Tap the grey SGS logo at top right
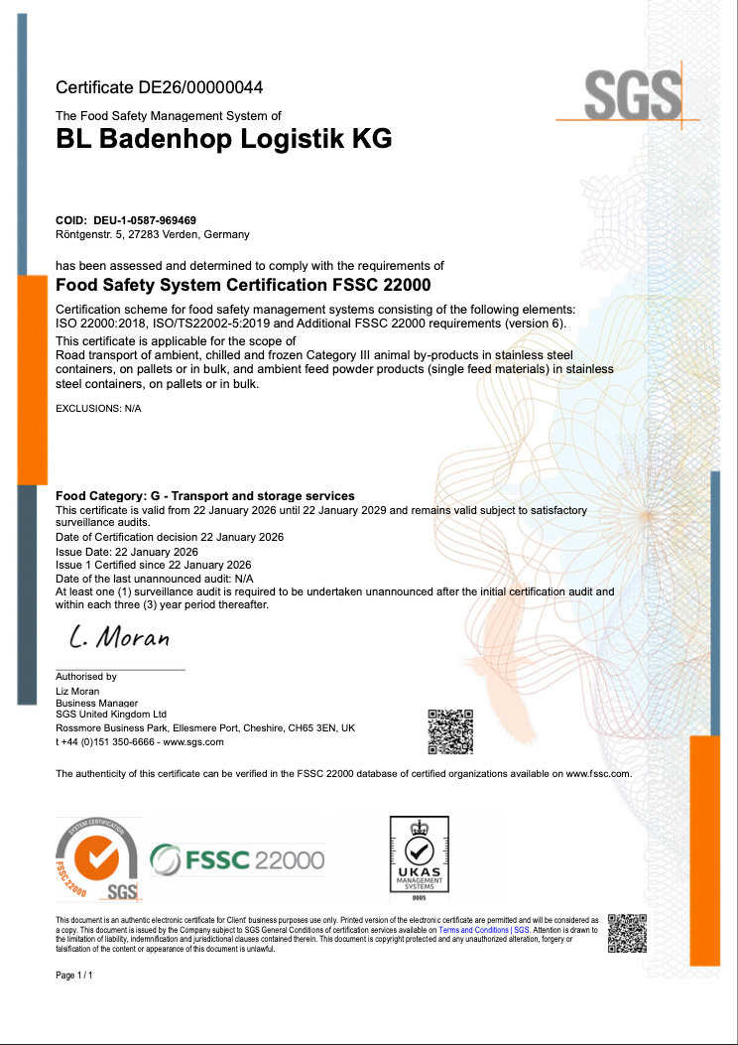[x=632, y=96]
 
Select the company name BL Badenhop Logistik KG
[x=223, y=139]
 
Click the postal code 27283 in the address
[x=154, y=234]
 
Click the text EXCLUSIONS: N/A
[x=98, y=409]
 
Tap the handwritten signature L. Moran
[x=120, y=635]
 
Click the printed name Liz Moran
[x=77, y=691]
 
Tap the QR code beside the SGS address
[x=449, y=732]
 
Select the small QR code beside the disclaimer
[x=627, y=933]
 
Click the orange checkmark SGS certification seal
[x=98, y=859]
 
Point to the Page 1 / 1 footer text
[x=74, y=977]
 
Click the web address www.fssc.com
[x=598, y=773]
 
